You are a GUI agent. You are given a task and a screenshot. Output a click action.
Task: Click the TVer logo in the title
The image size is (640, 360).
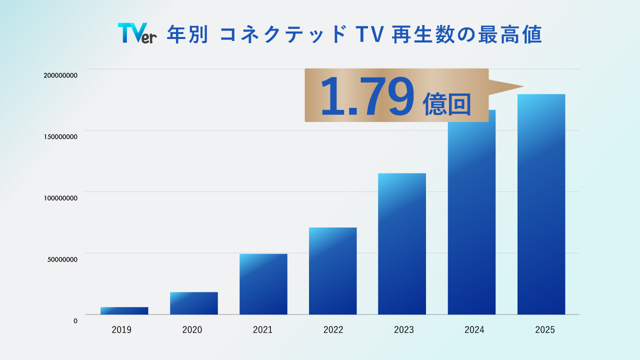point(137,33)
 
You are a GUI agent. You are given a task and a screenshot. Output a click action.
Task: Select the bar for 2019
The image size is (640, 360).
point(124,310)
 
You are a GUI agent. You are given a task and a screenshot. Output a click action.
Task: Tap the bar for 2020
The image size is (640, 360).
point(193,303)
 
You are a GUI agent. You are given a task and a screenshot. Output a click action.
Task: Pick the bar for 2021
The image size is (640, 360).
point(263,284)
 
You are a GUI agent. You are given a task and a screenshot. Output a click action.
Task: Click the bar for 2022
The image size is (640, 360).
point(332,271)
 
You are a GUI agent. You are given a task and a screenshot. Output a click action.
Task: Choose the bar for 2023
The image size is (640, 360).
point(402,244)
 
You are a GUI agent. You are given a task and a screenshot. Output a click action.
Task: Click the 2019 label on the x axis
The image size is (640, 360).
point(121,330)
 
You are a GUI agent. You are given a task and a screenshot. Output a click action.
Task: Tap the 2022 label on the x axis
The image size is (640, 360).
point(333,330)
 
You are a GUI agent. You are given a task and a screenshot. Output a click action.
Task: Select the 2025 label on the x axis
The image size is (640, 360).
point(544,330)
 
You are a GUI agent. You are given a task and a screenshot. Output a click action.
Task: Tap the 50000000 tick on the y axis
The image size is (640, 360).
point(62,259)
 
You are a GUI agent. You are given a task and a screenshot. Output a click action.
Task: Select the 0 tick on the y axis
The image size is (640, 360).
point(75,321)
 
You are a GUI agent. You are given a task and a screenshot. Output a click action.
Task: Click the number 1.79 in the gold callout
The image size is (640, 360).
point(367,96)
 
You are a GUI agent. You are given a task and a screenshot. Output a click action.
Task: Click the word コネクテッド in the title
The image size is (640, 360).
point(283,34)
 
